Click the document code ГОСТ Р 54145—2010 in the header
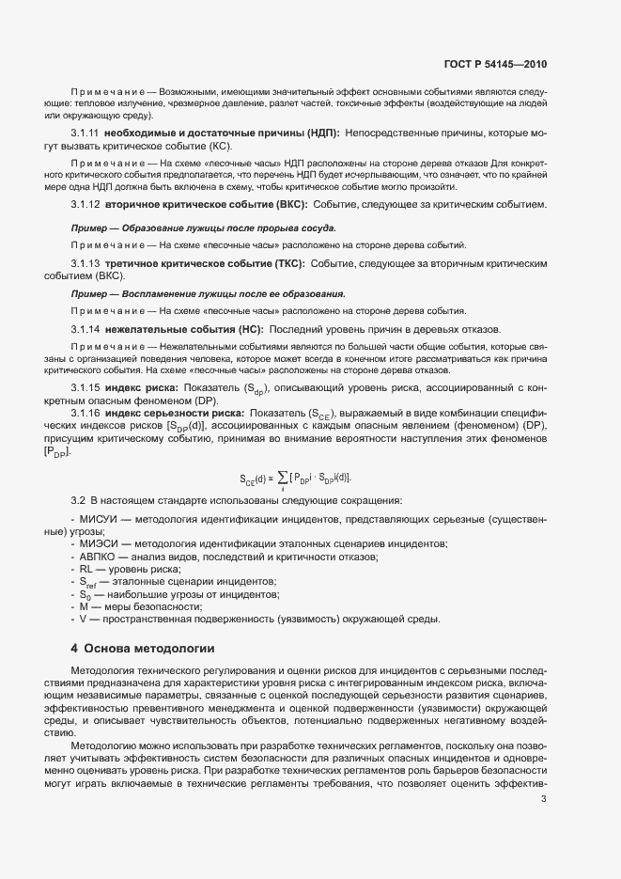tap(494, 64)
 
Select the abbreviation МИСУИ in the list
tap(100, 520)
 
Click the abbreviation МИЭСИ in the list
tap(100, 544)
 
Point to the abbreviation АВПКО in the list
tap(100, 557)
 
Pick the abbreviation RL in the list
tap(85, 570)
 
